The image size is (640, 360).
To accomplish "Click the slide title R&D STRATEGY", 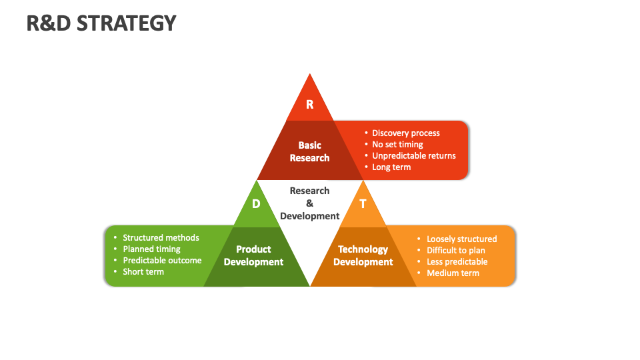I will pyautogui.click(x=101, y=23).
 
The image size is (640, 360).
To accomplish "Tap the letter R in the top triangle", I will pyautogui.click(x=309, y=105).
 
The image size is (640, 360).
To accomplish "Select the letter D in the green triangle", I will pyautogui.click(x=256, y=204).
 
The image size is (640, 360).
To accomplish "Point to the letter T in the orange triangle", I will pyautogui.click(x=363, y=204).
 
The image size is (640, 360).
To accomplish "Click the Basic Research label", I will pyautogui.click(x=309, y=151).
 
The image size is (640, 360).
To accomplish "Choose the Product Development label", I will pyautogui.click(x=253, y=255).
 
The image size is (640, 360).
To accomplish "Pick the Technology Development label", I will pyautogui.click(x=363, y=255).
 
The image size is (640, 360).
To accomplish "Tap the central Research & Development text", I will pyautogui.click(x=309, y=203).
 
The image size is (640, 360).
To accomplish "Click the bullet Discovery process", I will pyautogui.click(x=405, y=133).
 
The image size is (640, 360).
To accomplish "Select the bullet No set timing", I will pyautogui.click(x=397, y=145).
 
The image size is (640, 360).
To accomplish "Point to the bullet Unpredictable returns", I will pyautogui.click(x=413, y=156).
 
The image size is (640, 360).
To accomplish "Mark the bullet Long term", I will pyautogui.click(x=391, y=167).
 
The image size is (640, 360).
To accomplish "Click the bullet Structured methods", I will pyautogui.click(x=161, y=238).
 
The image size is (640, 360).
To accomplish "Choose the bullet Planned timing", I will pyautogui.click(x=151, y=249).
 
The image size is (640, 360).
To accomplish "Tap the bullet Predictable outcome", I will pyautogui.click(x=162, y=261).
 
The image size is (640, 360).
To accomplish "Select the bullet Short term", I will pyautogui.click(x=143, y=272).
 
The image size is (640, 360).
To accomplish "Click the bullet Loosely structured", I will pyautogui.click(x=461, y=239).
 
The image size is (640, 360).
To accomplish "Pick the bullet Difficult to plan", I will pyautogui.click(x=456, y=251).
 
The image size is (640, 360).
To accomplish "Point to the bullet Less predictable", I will pyautogui.click(x=457, y=262).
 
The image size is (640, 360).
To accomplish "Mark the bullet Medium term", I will pyautogui.click(x=453, y=273).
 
